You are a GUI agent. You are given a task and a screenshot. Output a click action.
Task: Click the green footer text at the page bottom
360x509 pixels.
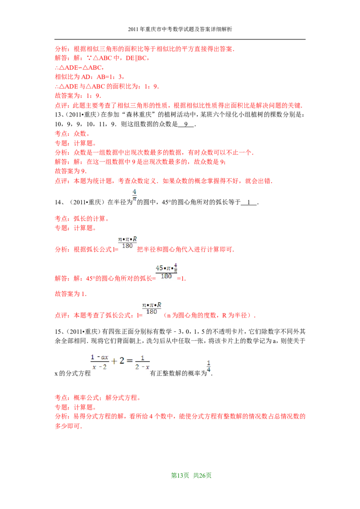[191, 475]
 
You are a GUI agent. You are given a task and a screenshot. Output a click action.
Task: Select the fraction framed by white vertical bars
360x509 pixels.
[151, 308]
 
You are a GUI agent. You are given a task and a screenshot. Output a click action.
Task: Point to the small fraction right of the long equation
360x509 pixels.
[209, 366]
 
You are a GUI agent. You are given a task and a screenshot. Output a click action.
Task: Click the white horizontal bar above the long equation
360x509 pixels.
[120, 347]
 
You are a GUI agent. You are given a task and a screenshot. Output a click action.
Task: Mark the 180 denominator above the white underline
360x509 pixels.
[166, 277]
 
